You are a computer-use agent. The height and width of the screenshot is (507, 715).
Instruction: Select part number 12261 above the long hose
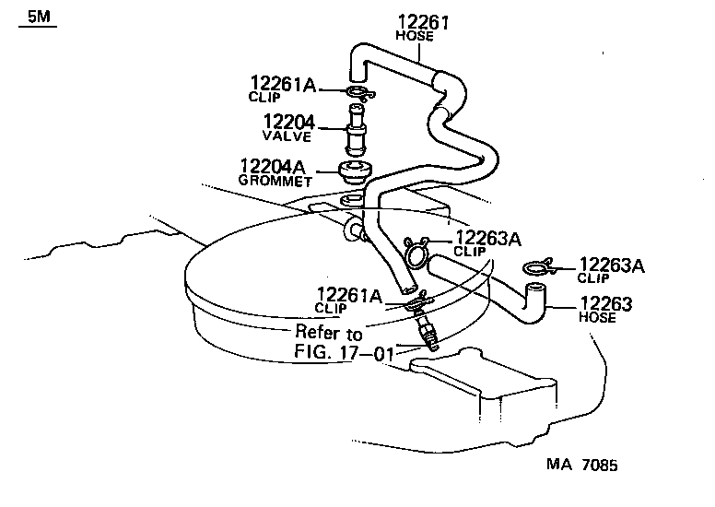click(424, 22)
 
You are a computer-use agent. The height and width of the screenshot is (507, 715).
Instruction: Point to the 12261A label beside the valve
click(283, 85)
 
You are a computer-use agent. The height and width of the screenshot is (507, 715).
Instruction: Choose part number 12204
click(288, 123)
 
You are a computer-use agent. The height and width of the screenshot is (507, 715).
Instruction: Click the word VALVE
click(287, 136)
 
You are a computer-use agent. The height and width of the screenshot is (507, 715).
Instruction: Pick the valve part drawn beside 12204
click(353, 130)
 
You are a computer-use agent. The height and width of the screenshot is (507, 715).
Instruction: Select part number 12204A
click(272, 167)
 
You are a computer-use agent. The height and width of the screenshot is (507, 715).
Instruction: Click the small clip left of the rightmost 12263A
click(537, 268)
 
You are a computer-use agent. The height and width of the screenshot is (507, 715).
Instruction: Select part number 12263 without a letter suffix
click(606, 302)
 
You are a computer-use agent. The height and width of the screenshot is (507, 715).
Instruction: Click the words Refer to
click(329, 332)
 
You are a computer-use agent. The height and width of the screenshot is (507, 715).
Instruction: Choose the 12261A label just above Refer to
click(348, 295)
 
